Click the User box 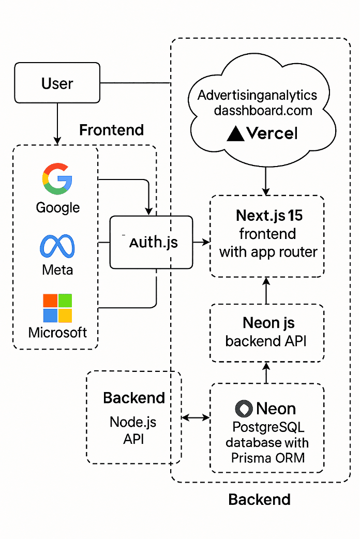point(57,83)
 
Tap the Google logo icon point(57,178)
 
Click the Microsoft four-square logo point(57,308)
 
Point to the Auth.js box point(151,242)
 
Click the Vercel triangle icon point(235,133)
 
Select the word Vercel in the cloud point(272,133)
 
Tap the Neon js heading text point(268,323)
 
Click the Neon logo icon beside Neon point(244,409)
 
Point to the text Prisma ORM point(267,458)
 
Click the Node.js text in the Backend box point(133,422)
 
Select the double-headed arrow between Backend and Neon point(196,417)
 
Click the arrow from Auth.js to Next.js point(201,242)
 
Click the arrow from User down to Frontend point(57,124)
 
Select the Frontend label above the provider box point(111,130)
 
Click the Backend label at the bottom point(259,499)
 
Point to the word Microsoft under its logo point(57,332)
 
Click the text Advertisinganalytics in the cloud point(257,96)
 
